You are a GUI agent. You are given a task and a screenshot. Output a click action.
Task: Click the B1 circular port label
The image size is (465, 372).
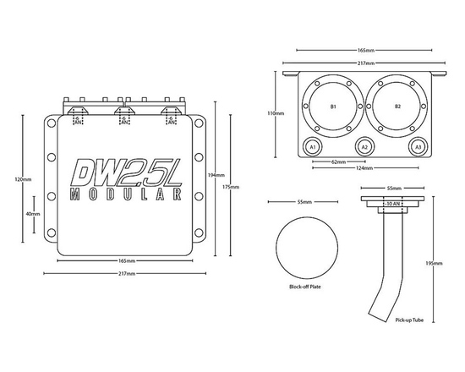point(333,108)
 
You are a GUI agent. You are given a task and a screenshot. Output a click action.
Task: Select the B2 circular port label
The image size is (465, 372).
point(397,108)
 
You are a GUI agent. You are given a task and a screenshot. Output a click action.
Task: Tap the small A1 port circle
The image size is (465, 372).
point(313,146)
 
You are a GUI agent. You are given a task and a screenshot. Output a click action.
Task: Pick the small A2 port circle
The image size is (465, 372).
point(365,146)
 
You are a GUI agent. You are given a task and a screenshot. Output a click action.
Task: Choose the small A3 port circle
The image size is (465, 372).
point(418,146)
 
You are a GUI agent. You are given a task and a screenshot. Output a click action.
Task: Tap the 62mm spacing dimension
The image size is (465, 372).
point(338,161)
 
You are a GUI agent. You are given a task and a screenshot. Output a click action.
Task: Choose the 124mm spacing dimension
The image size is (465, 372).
point(365,168)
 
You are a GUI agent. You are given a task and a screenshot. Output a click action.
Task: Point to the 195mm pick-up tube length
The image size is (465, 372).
point(431,263)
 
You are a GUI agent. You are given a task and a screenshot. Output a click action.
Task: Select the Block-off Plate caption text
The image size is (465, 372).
point(304,287)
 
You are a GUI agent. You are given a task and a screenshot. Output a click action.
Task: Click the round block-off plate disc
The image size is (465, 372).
point(304,246)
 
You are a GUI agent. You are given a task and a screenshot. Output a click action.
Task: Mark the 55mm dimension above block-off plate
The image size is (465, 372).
point(304,203)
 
